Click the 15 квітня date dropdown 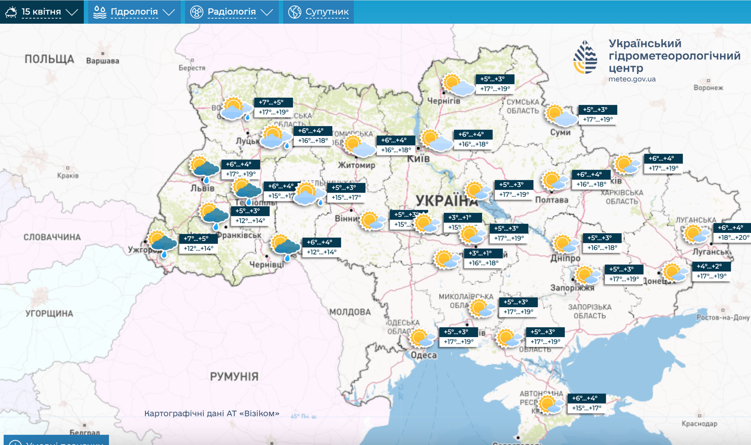pos(42,12)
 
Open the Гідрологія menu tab pos(134,12)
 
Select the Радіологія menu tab pos(231,12)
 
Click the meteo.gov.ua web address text pos(632,79)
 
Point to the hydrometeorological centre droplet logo pos(585,57)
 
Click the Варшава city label pos(103,61)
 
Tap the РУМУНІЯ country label pos(234,376)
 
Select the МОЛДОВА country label pos(350,312)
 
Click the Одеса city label pos(424,355)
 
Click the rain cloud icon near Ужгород pos(162,243)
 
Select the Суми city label pos(560,132)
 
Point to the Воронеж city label pos(708,88)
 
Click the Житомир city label pos(356,165)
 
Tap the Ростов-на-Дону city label pos(723,318)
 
